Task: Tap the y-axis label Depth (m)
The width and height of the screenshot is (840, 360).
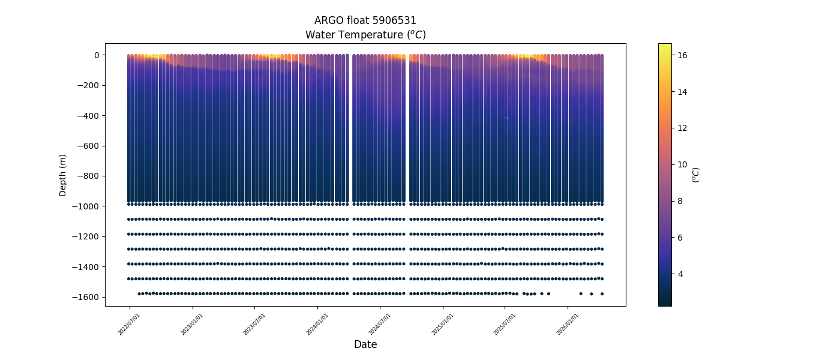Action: click(63, 175)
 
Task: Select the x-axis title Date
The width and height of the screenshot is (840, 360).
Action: click(365, 344)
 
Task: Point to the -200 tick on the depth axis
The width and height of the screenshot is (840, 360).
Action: click(89, 85)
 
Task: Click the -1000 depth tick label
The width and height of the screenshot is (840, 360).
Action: click(86, 206)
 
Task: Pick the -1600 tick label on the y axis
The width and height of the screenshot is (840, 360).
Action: click(86, 297)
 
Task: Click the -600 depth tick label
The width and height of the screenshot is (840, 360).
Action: click(89, 146)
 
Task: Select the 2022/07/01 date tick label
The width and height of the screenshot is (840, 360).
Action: click(130, 323)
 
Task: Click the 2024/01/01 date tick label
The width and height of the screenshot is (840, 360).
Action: click(317, 323)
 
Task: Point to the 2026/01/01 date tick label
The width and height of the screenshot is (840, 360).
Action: click(568, 323)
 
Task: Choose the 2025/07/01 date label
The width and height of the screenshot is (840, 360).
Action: click(505, 323)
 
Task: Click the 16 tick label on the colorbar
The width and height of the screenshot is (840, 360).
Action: click(682, 55)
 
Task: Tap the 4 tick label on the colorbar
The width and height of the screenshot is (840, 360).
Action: click(680, 274)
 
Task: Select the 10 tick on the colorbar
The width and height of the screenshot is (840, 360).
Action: click(682, 164)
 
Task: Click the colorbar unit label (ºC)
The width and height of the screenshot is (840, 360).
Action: click(695, 175)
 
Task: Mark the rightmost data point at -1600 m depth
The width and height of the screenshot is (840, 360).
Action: click(602, 293)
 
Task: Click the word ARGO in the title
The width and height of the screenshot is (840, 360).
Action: click(328, 20)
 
